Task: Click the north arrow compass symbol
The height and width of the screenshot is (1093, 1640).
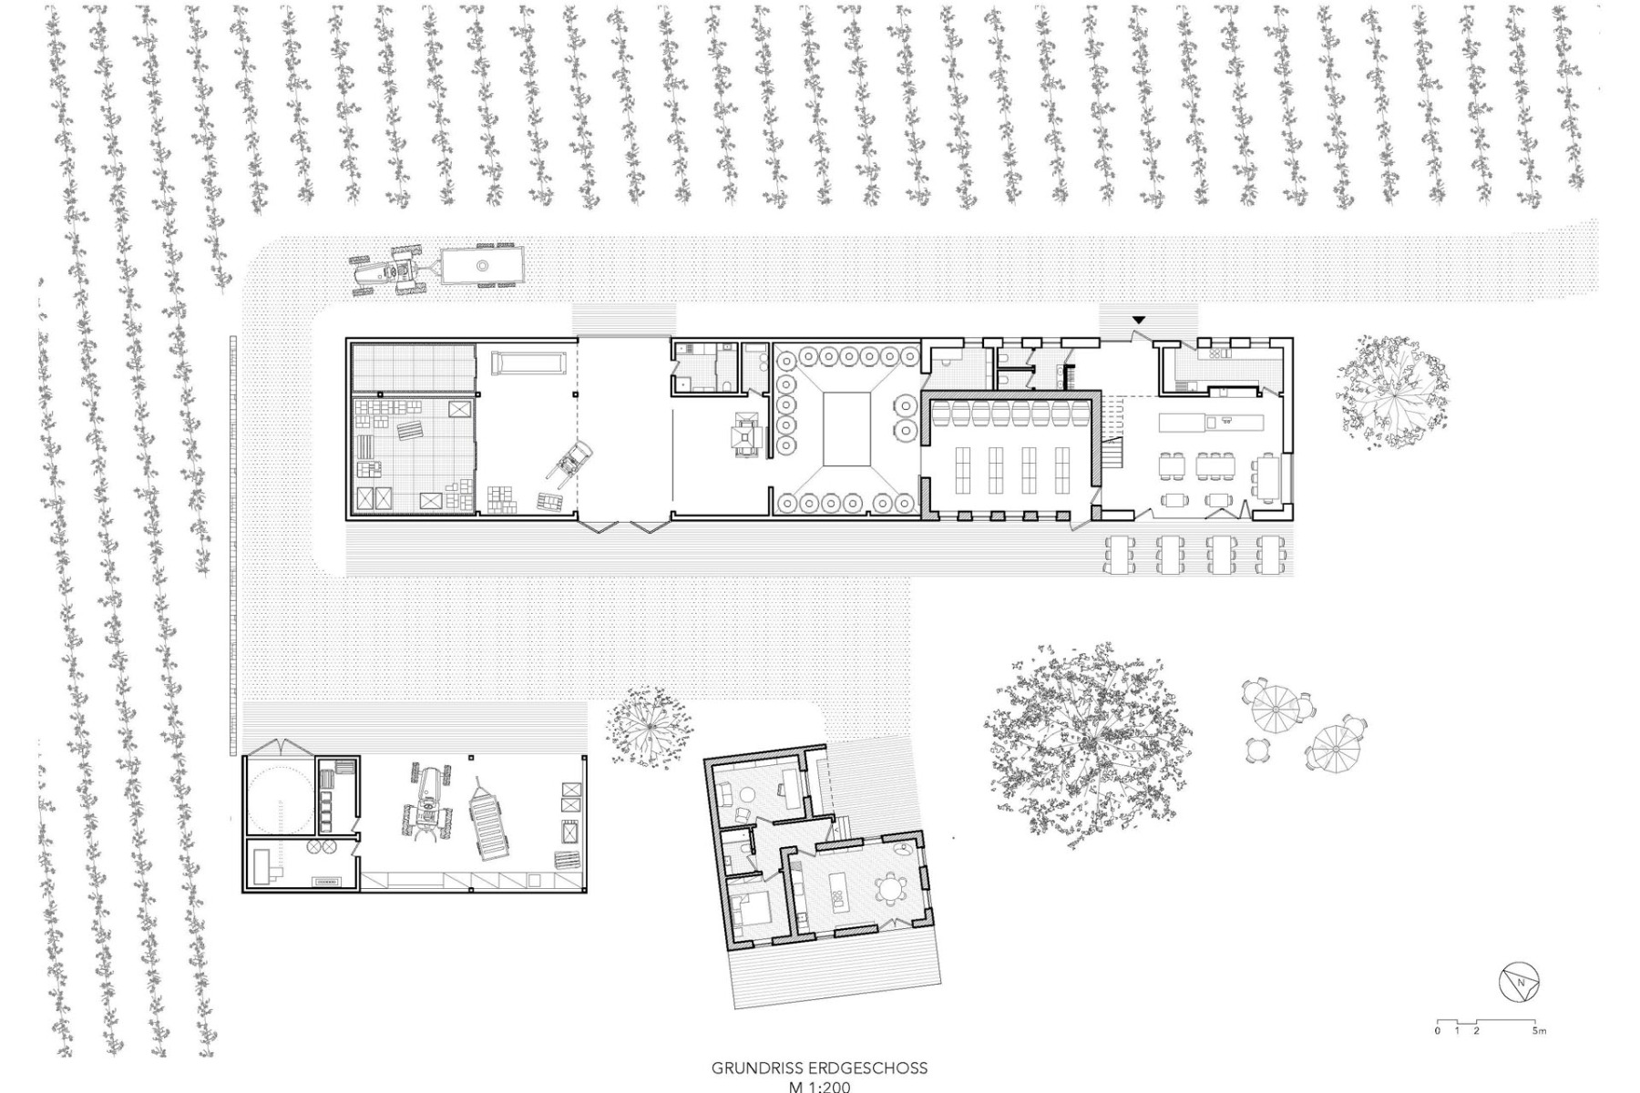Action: pyautogui.click(x=1519, y=982)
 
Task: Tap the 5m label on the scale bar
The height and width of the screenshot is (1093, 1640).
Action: pyautogui.click(x=1539, y=1031)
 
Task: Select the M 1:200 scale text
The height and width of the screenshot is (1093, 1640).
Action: pyautogui.click(x=819, y=1087)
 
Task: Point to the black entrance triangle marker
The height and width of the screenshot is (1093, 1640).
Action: pyautogui.click(x=1138, y=320)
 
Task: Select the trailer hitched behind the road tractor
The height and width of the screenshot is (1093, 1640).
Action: pyautogui.click(x=478, y=265)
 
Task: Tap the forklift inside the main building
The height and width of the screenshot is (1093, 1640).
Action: pyautogui.click(x=569, y=461)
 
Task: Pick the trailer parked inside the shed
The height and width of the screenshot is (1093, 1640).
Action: pyautogui.click(x=491, y=818)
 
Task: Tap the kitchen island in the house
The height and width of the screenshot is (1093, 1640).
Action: pyautogui.click(x=838, y=891)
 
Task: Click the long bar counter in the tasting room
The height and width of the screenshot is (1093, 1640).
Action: pyautogui.click(x=1212, y=422)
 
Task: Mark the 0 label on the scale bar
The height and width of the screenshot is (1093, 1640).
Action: pyautogui.click(x=1438, y=1031)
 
